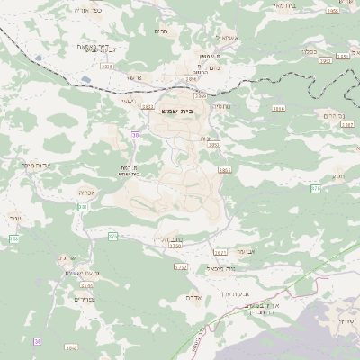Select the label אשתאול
(x=226, y=40)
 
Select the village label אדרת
(x=193, y=296)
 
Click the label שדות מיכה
(x=34, y=165)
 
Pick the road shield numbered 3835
(x=107, y=66)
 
